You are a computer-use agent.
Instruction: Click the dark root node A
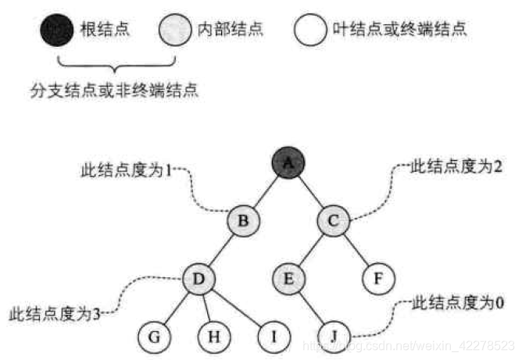288,164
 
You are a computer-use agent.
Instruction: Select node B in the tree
244,221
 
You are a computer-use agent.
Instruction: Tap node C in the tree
333,221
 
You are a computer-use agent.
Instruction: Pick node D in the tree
198,278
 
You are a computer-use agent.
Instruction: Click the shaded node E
288,278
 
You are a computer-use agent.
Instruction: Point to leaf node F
379,278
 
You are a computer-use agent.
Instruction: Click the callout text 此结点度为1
126,169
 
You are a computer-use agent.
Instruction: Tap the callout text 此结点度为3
53,315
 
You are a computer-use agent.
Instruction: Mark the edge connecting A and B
266,193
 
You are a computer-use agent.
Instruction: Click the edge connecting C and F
356,250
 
